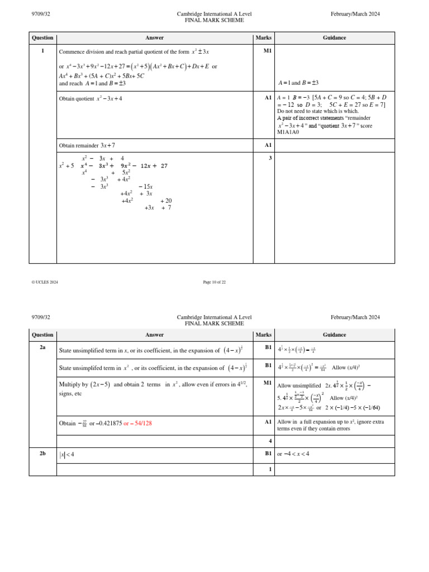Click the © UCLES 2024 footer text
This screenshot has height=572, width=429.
pyautogui.click(x=45, y=282)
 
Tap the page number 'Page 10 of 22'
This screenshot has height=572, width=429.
pyautogui.click(x=214, y=282)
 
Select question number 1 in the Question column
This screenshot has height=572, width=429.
pyautogui.click(x=42, y=51)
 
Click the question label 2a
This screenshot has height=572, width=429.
pyautogui.click(x=42, y=347)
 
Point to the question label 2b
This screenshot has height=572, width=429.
pyautogui.click(x=42, y=454)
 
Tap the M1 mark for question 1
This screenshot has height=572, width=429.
pyautogui.click(x=268, y=51)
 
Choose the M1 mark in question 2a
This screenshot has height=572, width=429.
pyautogui.click(x=268, y=383)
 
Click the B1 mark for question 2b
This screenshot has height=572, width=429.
pyautogui.click(x=268, y=454)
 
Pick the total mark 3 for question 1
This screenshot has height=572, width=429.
pyautogui.click(x=270, y=158)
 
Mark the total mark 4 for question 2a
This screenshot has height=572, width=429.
pyautogui.click(x=270, y=441)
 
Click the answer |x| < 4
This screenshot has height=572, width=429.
pyautogui.click(x=67, y=455)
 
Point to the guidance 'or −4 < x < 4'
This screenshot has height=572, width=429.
pyautogui.click(x=293, y=454)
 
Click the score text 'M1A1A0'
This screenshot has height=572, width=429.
pyautogui.click(x=288, y=132)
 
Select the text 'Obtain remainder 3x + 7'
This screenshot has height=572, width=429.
pyautogui.click(x=87, y=145)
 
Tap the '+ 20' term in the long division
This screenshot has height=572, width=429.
pyautogui.click(x=166, y=201)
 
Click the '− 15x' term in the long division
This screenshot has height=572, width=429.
pyautogui.click(x=145, y=187)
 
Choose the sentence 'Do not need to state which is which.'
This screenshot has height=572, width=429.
pyautogui.click(x=318, y=111)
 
